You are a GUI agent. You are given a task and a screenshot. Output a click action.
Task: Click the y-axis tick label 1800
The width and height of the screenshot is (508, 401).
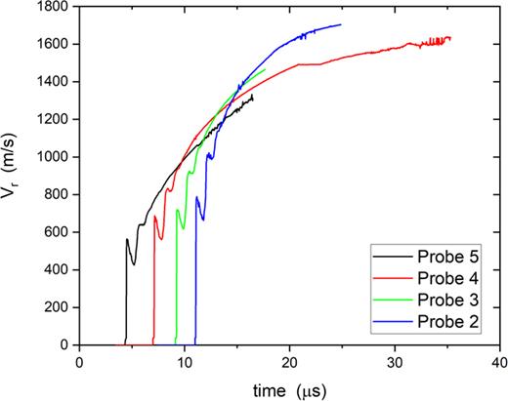click(54, 7)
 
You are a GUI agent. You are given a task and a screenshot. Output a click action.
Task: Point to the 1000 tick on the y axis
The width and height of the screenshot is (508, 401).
click(54, 157)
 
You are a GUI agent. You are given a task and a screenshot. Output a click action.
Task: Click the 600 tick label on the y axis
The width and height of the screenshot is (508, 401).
click(58, 232)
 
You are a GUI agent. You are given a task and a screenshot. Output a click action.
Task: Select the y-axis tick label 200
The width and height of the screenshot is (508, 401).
click(58, 307)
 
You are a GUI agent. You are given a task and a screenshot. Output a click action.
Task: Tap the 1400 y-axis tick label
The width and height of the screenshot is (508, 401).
click(54, 82)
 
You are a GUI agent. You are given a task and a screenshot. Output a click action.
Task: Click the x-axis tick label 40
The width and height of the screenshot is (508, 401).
click(499, 358)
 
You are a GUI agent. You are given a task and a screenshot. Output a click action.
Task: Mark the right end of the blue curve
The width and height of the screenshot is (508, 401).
click(341, 24)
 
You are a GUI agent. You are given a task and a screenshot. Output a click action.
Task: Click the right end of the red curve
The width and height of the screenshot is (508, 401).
click(451, 38)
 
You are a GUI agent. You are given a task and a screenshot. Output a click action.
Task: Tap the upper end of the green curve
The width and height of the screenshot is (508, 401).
click(266, 69)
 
